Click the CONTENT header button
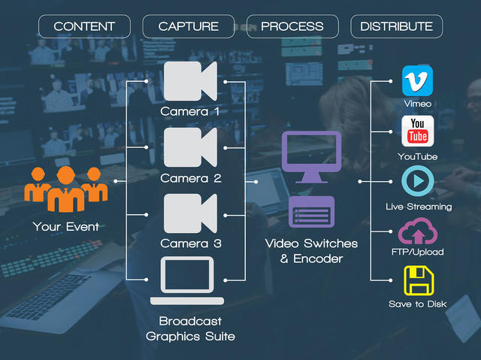[84, 26]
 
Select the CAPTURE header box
[189, 26]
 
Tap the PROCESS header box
[292, 26]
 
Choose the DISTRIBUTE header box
[396, 26]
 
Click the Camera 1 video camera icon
[189, 80]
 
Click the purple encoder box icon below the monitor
[311, 210]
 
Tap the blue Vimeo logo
[417, 80]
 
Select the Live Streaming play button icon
[417, 181]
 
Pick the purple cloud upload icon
[417, 231]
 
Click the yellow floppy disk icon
[418, 281]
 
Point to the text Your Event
[65, 226]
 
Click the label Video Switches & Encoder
[311, 251]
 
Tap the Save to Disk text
[417, 304]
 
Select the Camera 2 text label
[190, 179]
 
